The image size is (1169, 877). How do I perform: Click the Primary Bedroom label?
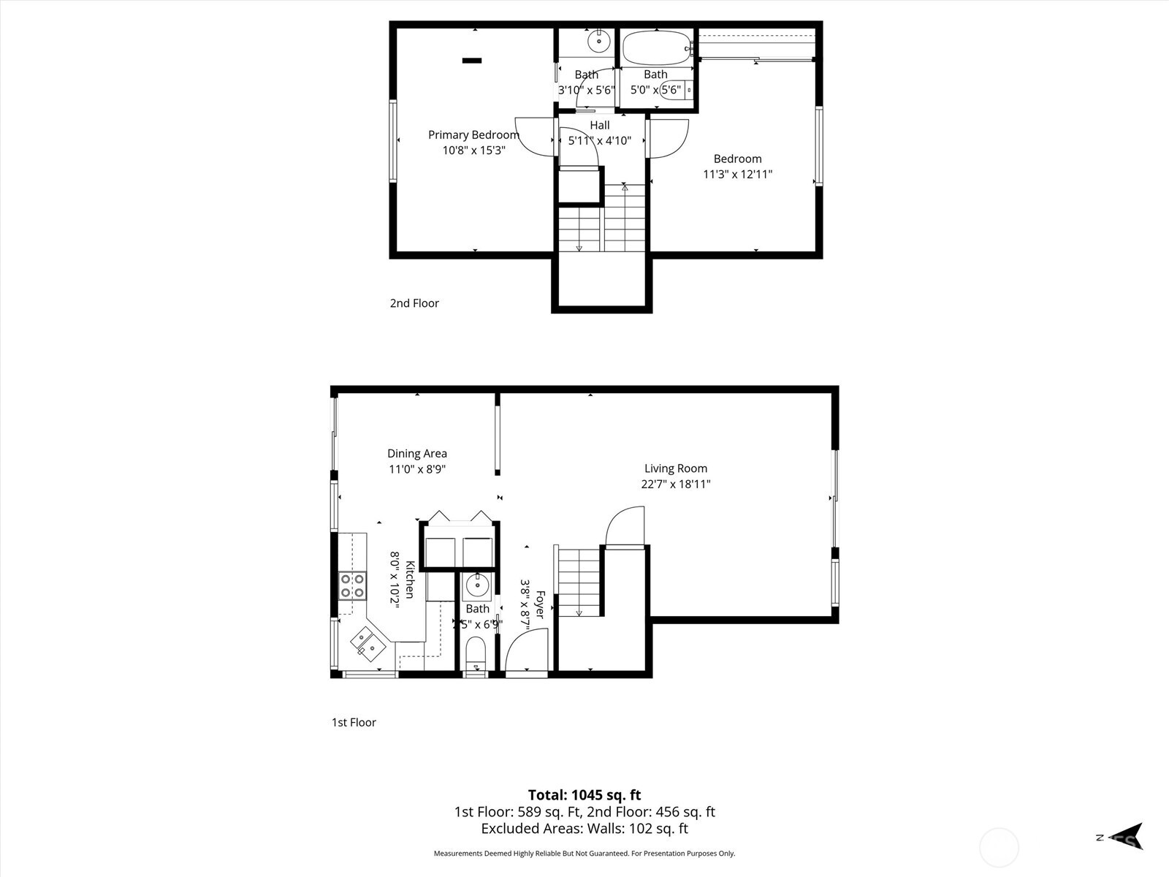473,134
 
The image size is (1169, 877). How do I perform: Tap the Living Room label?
675,468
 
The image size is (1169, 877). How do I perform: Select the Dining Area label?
416,453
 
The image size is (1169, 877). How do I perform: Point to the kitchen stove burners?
353,585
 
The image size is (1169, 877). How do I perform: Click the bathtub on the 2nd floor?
655,48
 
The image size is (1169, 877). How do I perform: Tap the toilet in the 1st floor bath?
476,650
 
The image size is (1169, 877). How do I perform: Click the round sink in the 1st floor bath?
477,585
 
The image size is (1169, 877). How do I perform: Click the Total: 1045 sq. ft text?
584,794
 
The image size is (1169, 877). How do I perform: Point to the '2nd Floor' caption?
414,303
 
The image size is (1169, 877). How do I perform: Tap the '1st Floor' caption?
354,722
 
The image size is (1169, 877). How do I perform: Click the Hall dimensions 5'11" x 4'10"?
599,140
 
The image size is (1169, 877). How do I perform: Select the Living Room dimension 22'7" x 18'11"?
675,484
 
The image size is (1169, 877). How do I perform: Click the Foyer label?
540,604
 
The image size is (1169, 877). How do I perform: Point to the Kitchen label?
410,580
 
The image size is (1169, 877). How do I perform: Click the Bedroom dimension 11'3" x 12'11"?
737,174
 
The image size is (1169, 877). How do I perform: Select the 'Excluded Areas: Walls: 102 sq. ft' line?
584,828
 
